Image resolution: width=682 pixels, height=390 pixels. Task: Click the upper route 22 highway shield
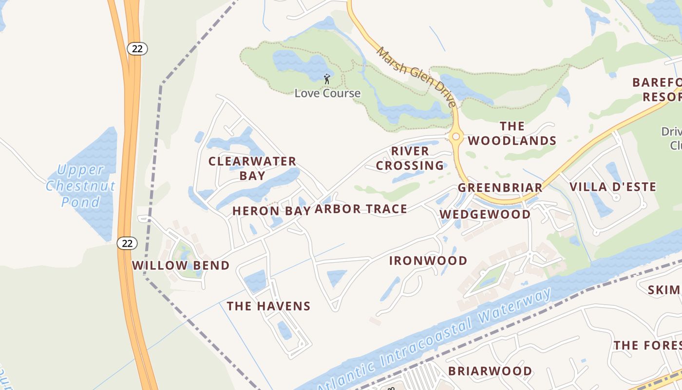pyautogui.click(x=137, y=48)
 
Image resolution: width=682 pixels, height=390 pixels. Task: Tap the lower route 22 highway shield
pyautogui.click(x=127, y=243)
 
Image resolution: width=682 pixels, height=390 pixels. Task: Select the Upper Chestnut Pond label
pyautogui.click(x=81, y=186)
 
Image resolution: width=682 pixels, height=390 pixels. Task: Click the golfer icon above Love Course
pyautogui.click(x=327, y=78)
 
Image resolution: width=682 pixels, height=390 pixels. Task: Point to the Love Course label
pyautogui.click(x=327, y=93)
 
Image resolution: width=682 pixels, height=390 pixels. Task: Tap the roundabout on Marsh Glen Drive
pyautogui.click(x=456, y=137)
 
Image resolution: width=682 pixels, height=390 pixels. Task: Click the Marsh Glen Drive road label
pyautogui.click(x=417, y=77)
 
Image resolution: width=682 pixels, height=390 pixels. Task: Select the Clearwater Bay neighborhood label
pyautogui.click(x=252, y=168)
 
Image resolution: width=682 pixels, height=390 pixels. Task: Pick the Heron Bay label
pyautogui.click(x=271, y=211)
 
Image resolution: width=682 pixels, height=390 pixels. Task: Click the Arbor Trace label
pyautogui.click(x=360, y=209)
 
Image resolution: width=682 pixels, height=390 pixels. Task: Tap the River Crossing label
pyautogui.click(x=410, y=158)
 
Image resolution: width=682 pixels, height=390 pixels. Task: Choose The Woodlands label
pyautogui.click(x=512, y=134)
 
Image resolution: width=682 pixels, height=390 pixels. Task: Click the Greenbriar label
pyautogui.click(x=500, y=188)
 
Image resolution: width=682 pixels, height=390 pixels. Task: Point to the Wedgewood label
pyautogui.click(x=485, y=214)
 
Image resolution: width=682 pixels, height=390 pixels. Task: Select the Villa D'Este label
pyautogui.click(x=613, y=187)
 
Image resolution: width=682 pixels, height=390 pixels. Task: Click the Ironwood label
pyautogui.click(x=428, y=261)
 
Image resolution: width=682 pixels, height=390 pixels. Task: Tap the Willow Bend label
pyautogui.click(x=181, y=266)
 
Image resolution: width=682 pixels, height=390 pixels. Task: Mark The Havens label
pyautogui.click(x=268, y=306)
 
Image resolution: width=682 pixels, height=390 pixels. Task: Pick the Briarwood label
pyautogui.click(x=490, y=371)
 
